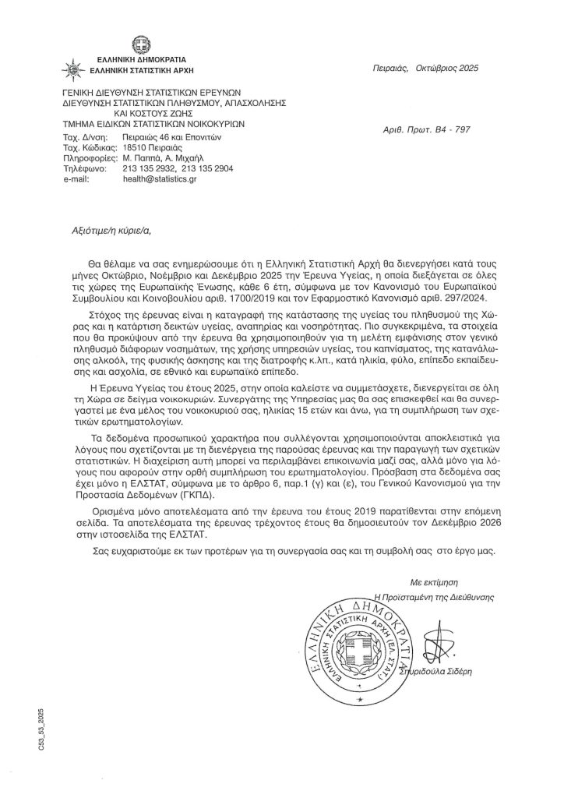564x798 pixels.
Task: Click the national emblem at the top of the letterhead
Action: tap(140, 43)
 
